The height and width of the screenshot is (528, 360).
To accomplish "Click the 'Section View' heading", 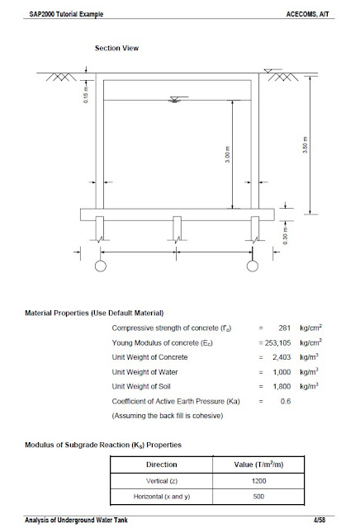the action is click(116, 48).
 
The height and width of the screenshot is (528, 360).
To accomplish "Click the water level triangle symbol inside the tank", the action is click(173, 101).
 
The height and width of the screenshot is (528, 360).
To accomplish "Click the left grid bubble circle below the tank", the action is click(100, 266).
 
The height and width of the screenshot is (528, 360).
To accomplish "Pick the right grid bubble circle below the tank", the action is click(253, 266).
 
